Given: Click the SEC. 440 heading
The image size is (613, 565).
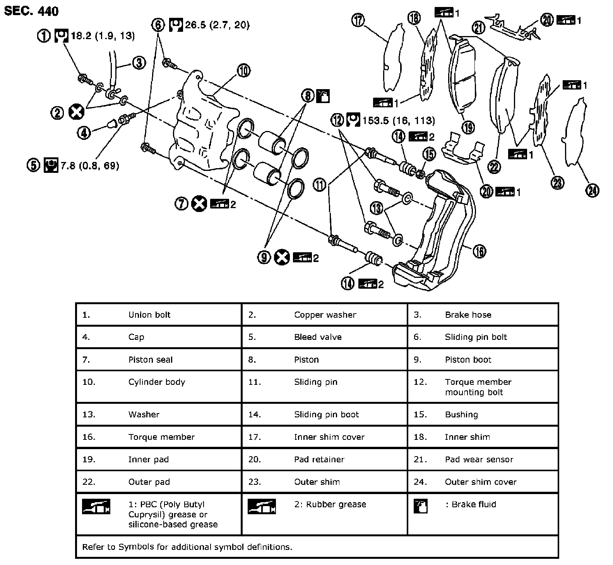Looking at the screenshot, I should pyautogui.click(x=31, y=11).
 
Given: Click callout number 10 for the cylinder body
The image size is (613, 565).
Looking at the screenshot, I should pyautogui.click(x=243, y=71).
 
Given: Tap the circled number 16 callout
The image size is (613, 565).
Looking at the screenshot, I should pyautogui.click(x=479, y=251).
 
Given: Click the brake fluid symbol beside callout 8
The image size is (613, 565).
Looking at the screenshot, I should pyautogui.click(x=323, y=96).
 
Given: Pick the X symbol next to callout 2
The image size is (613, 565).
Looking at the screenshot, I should pyautogui.click(x=76, y=112).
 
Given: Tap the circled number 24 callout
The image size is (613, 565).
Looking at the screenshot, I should pyautogui.click(x=592, y=190).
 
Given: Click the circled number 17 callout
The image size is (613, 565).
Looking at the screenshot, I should pyautogui.click(x=358, y=20).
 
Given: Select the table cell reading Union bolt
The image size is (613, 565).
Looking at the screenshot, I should pyautogui.click(x=149, y=315).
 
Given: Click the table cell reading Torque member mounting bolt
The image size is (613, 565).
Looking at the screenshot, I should pyautogui.click(x=478, y=387).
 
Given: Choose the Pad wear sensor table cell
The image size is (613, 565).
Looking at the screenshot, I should pyautogui.click(x=479, y=460).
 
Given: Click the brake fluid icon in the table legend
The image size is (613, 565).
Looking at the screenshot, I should pyautogui.click(x=420, y=506).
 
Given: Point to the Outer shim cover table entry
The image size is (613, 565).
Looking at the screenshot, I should pyautogui.click(x=480, y=482).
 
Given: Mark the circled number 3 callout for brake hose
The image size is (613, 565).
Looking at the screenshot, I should pyautogui.click(x=139, y=63).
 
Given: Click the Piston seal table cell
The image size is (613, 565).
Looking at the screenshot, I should pyautogui.click(x=151, y=360).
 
